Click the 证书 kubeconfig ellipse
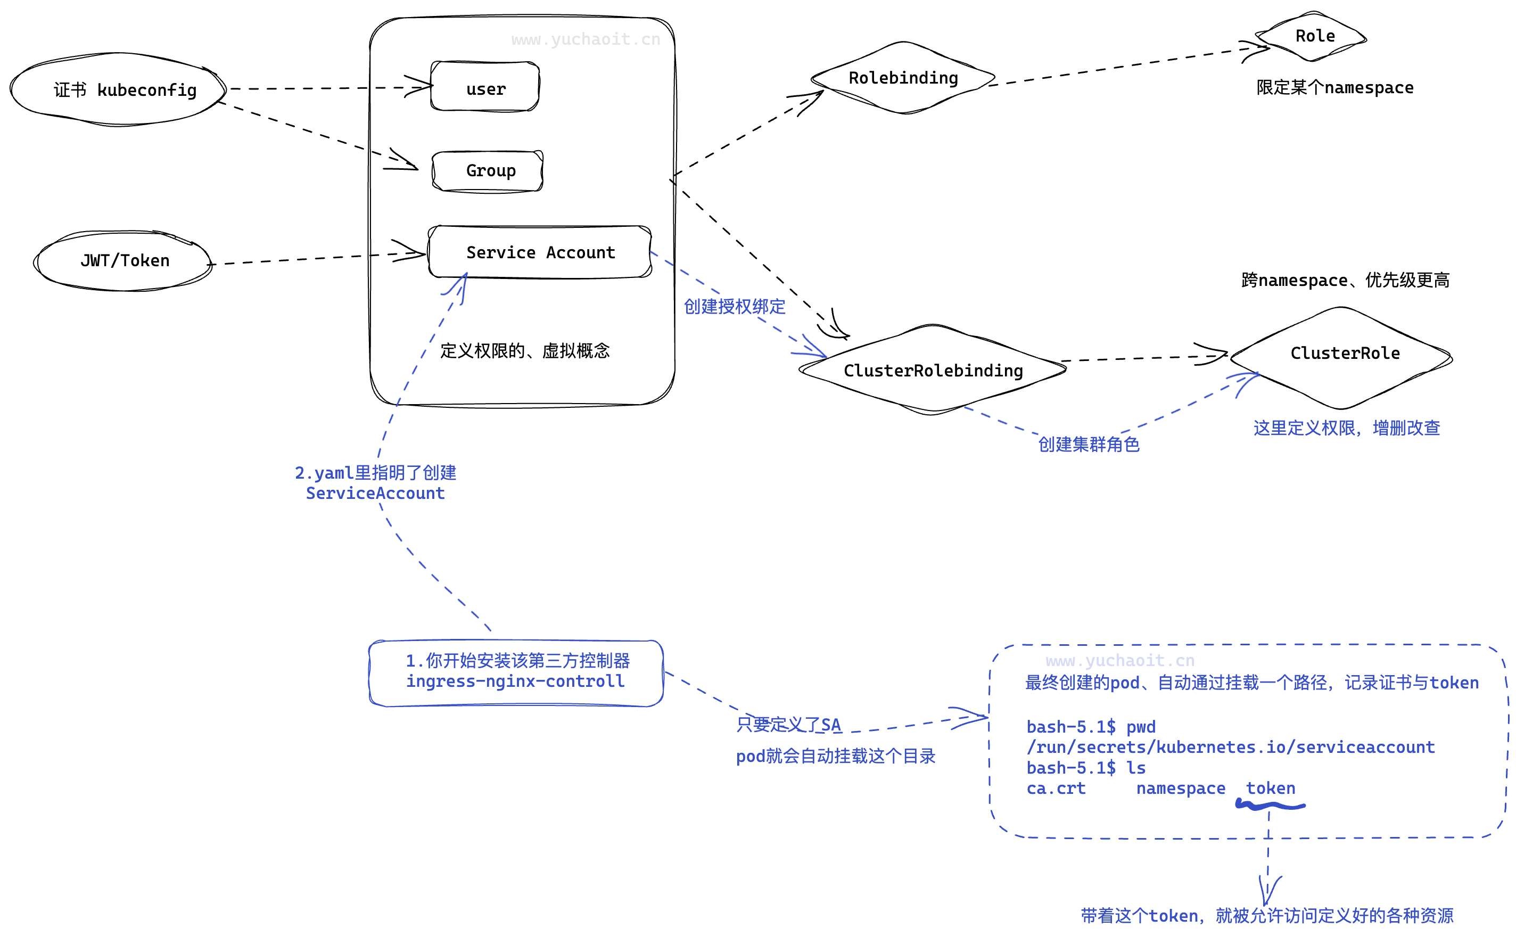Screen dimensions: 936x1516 tap(118, 90)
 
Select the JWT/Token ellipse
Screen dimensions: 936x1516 tap(123, 260)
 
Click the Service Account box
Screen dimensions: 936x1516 tap(540, 252)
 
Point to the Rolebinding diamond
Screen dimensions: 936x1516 tap(903, 78)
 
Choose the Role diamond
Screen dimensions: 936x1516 tap(1313, 36)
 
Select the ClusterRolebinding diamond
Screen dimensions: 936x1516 tap(933, 370)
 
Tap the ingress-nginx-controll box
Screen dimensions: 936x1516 tap(515, 673)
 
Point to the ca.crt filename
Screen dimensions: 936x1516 tap(1056, 788)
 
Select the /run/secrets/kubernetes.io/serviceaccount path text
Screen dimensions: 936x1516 tap(1230, 747)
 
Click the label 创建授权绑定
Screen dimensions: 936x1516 tap(734, 307)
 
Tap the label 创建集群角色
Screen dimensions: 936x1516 tap(1089, 444)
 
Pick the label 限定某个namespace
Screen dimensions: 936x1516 tap(1334, 88)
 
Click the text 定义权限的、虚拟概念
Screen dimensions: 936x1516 tap(525, 351)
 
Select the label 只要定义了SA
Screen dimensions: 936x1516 tap(788, 724)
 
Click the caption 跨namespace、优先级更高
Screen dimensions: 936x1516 tap(1345, 281)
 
